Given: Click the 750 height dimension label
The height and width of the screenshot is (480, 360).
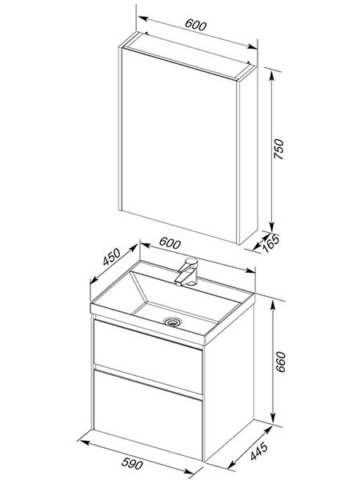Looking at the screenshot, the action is tap(279, 149).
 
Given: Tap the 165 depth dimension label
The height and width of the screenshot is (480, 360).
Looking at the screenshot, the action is tap(271, 243).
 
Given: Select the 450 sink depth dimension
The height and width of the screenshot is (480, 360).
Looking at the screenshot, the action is tap(111, 257).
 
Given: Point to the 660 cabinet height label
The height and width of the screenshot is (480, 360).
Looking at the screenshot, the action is tap(281, 362).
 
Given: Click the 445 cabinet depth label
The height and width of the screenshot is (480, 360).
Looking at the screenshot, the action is tap(259, 451).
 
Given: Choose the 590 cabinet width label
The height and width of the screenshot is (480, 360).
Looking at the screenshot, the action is tap(132, 463).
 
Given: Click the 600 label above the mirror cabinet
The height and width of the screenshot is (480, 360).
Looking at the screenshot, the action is tap(196, 25).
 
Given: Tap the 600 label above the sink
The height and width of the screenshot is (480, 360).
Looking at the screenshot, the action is tap(170, 243).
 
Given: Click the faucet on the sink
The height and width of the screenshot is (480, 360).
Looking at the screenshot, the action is tap(186, 271).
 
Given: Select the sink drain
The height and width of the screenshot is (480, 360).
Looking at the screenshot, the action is tap(173, 322).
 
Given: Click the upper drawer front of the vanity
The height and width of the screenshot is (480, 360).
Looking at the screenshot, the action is tap(148, 357).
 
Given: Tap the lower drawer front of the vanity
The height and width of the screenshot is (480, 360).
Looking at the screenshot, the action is tap(148, 414).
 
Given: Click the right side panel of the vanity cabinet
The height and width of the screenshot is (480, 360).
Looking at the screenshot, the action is tap(228, 382).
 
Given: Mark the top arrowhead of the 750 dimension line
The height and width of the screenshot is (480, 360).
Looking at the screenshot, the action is tap(271, 74).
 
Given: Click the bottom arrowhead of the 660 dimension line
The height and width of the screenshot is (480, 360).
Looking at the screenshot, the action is tap(273, 418).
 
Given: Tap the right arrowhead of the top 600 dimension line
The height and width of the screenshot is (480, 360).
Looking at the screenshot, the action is tap(253, 47).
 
